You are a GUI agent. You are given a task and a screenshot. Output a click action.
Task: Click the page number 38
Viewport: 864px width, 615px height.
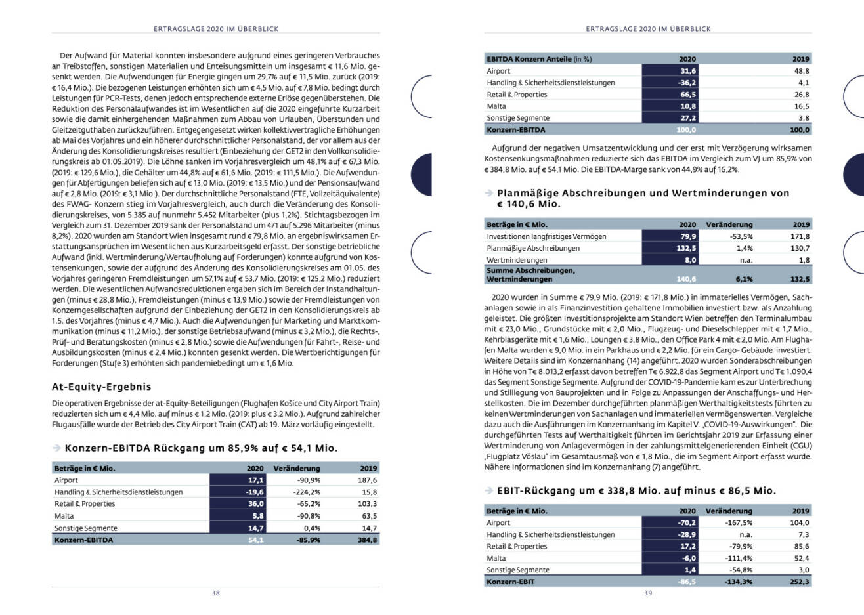point(215,593)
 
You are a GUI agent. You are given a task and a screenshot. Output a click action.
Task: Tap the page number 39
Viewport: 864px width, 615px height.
point(647,593)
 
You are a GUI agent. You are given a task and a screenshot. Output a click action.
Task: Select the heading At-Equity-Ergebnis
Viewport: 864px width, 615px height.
point(101,387)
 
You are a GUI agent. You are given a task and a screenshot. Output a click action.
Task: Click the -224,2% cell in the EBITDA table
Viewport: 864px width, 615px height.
point(306,492)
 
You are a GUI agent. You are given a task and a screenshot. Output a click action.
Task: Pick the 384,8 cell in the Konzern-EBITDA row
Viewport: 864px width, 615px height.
point(368,540)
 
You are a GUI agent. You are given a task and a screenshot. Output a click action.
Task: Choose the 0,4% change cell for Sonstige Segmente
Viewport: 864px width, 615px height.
point(308,528)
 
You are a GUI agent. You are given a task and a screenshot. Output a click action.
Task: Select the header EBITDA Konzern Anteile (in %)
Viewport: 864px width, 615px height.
point(539,59)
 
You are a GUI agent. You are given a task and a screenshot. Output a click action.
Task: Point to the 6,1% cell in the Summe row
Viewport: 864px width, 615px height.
point(744,279)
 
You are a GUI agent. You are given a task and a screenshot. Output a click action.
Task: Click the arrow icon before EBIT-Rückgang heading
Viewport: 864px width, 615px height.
point(488,490)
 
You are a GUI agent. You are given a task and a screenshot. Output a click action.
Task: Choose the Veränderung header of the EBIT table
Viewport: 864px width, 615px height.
point(729,511)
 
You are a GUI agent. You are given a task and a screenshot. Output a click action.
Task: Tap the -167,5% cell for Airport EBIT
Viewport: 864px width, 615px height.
point(739,523)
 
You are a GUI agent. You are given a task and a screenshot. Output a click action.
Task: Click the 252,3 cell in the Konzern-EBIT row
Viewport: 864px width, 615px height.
point(800,582)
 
